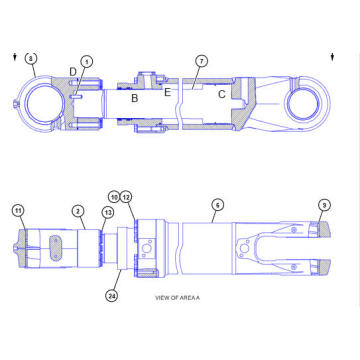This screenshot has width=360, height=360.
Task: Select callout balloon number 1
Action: coord(86,61)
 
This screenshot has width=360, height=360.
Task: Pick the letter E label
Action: coord(168,91)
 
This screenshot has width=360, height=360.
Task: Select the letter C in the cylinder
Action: coord(221,93)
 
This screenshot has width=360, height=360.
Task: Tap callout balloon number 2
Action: coord(77,211)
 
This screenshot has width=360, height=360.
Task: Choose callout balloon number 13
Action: coord(107,213)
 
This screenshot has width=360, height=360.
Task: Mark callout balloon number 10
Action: coord(115,198)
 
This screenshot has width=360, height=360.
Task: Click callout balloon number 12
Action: coord(127,198)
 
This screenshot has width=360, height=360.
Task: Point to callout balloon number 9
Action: coord(324,205)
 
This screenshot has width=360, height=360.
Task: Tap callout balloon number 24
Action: coord(111,296)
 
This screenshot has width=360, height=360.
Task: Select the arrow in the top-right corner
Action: coord(331,57)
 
